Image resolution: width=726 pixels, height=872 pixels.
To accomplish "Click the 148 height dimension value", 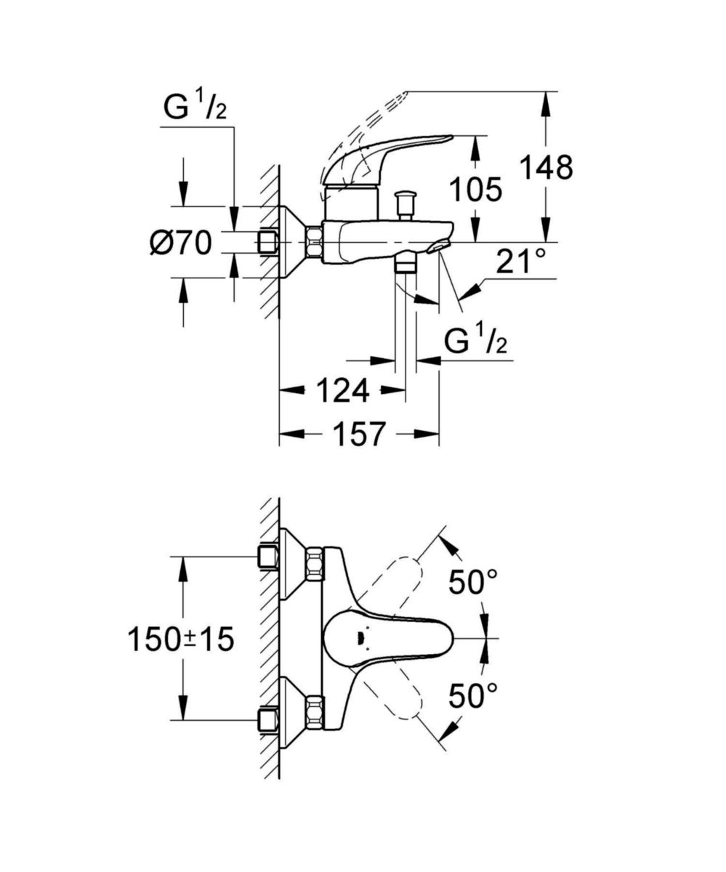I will pyautogui.click(x=546, y=168).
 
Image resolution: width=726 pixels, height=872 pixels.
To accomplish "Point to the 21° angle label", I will pyautogui.click(x=520, y=262).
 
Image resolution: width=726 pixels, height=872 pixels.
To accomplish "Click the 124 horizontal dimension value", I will pyautogui.click(x=342, y=392).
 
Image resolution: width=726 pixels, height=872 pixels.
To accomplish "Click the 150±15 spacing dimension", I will pyautogui.click(x=181, y=639).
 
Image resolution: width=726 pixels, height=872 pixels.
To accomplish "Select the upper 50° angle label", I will pyautogui.click(x=472, y=583).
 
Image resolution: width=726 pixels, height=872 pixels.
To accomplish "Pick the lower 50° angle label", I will pyautogui.click(x=472, y=696).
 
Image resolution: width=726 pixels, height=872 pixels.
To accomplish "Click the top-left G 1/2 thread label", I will pyautogui.click(x=195, y=108).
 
